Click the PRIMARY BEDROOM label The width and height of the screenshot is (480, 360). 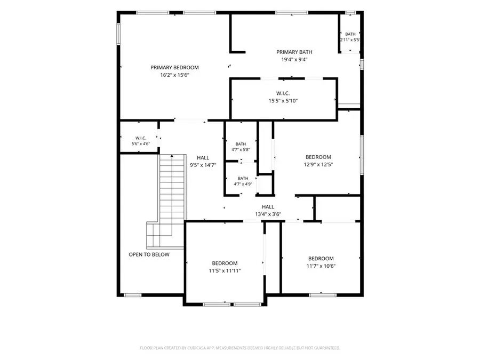[x=174, y=67]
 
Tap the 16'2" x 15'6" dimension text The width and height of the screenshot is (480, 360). [x=175, y=75]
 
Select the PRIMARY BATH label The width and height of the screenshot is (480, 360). [x=294, y=52]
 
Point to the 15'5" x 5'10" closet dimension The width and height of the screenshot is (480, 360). [x=283, y=101]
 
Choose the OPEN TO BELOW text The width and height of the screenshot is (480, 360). [x=149, y=254]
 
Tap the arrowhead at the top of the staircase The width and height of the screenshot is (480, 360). [x=172, y=156]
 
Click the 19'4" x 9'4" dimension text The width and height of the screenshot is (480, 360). [x=294, y=60]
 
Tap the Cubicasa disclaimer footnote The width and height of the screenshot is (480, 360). [x=240, y=348]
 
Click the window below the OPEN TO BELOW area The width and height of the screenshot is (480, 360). [x=133, y=295]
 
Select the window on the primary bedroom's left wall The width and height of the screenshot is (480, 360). [x=118, y=34]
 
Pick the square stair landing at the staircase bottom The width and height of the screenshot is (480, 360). [x=153, y=235]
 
